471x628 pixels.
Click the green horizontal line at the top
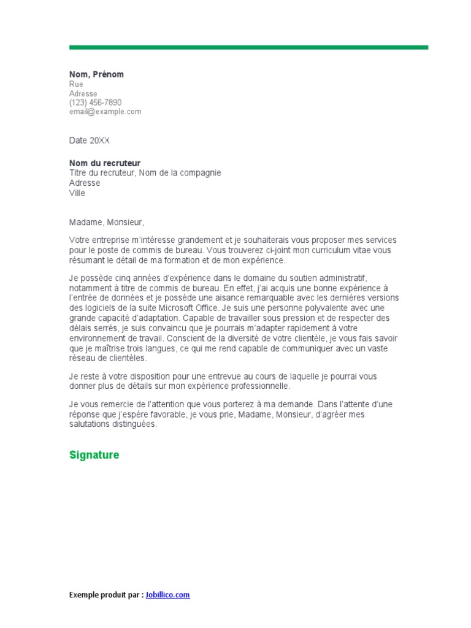click(x=248, y=47)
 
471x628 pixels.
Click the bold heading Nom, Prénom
click(x=96, y=74)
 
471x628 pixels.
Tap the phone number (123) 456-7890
click(x=95, y=102)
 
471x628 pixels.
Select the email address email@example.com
click(x=105, y=112)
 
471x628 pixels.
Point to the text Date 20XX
click(x=90, y=140)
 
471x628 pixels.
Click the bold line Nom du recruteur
click(x=105, y=163)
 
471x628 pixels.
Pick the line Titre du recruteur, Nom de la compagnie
click(x=145, y=173)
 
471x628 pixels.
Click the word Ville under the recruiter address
click(x=77, y=193)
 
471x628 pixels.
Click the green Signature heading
click(x=94, y=455)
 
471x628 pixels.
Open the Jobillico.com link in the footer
click(x=167, y=595)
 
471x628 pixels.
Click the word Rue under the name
click(x=76, y=84)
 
